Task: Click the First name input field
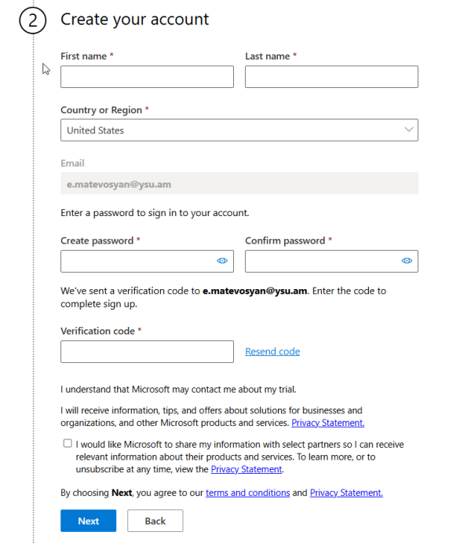tap(147, 77)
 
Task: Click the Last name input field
tap(331, 77)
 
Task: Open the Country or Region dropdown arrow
tap(408, 130)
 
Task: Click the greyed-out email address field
tap(239, 184)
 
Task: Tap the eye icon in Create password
tap(222, 261)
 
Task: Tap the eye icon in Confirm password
tap(407, 261)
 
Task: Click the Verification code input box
tap(147, 351)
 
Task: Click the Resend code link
tap(272, 351)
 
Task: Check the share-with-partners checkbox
tap(68, 443)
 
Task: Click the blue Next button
tap(88, 521)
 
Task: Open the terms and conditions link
tap(247, 493)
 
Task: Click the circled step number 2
tap(33, 20)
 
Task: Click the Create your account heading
tap(135, 19)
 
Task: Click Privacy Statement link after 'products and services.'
tap(327, 423)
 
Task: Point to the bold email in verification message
tap(256, 291)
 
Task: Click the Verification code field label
tap(97, 331)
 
